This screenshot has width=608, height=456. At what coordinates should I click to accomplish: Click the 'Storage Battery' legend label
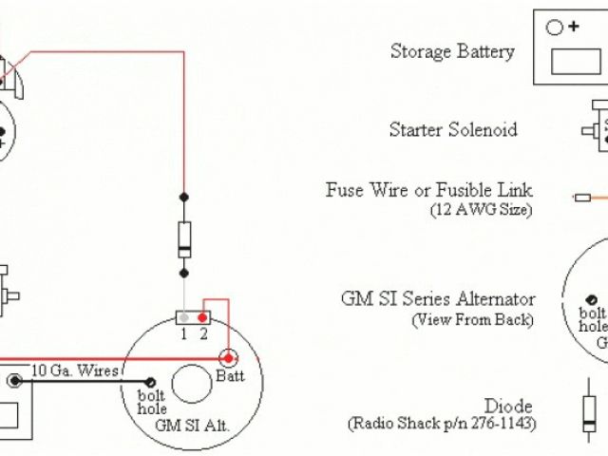pos(452,51)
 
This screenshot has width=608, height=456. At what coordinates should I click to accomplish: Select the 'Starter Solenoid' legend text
pos(453,130)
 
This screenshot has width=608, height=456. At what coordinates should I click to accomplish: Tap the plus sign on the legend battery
pos(573,27)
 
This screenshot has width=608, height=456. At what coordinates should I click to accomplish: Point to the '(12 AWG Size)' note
pos(481,209)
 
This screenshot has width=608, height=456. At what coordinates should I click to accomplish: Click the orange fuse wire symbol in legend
pos(589,198)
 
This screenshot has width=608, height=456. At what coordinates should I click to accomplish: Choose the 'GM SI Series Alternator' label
pos(438,299)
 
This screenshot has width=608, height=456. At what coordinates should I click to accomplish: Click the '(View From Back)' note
pos(472,320)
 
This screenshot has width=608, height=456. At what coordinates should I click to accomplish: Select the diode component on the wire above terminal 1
pos(184,237)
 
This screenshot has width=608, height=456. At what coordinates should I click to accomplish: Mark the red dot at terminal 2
pos(202,315)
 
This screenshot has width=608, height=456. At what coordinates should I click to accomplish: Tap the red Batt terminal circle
pos(229,358)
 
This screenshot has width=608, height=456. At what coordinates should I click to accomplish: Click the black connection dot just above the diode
pos(184,198)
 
